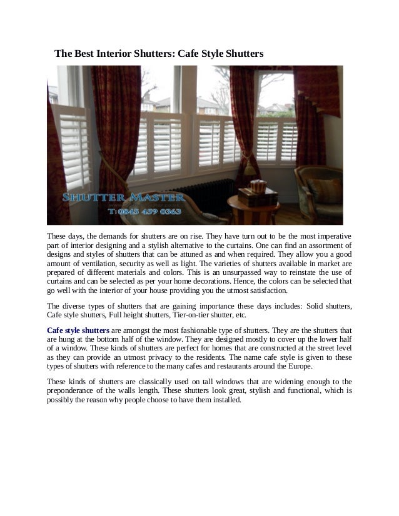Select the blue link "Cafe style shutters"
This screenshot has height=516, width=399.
(x=78, y=329)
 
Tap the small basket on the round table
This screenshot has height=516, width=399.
(x=256, y=186)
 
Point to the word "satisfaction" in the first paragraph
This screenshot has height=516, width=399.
(x=265, y=291)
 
